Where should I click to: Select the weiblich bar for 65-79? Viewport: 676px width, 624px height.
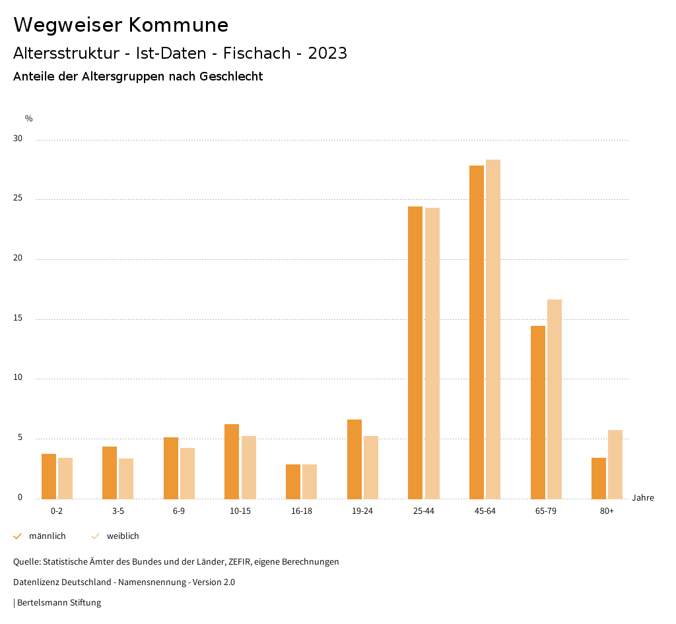tap(555, 399)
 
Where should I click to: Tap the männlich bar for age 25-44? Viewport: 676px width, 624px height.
tap(415, 352)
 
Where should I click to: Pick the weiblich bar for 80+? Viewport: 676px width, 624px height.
tap(615, 464)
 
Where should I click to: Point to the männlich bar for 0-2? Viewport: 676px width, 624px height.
tap(49, 476)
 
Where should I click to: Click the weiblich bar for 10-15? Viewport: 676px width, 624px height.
tap(249, 467)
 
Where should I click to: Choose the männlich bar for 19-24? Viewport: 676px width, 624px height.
tap(355, 459)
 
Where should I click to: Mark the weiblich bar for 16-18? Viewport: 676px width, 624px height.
tap(310, 482)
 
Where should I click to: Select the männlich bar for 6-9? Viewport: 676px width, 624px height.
tap(171, 468)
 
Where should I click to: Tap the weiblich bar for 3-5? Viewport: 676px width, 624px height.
tap(126, 478)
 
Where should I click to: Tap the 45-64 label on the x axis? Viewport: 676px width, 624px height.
tap(485, 511)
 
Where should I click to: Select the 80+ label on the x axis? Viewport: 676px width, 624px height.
tap(607, 511)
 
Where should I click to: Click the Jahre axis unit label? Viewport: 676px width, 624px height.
tap(643, 498)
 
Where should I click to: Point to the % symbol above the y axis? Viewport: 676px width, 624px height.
tap(29, 119)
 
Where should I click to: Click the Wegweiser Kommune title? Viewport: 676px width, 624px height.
tap(121, 25)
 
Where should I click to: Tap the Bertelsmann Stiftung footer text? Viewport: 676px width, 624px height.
tap(59, 603)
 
